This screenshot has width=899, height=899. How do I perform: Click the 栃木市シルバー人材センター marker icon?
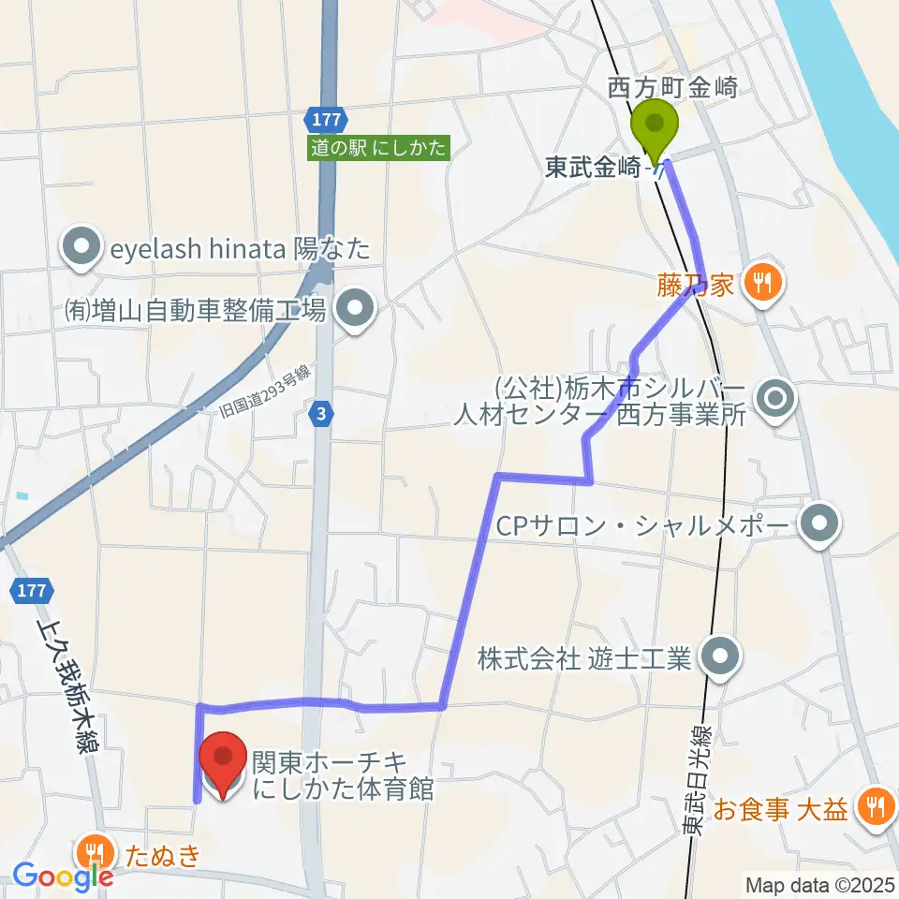click(x=776, y=400)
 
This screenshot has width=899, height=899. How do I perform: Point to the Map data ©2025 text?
click(x=819, y=884)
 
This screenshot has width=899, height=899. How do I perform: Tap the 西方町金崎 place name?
click(x=673, y=89)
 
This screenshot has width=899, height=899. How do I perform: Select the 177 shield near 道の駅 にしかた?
click(x=327, y=120)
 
